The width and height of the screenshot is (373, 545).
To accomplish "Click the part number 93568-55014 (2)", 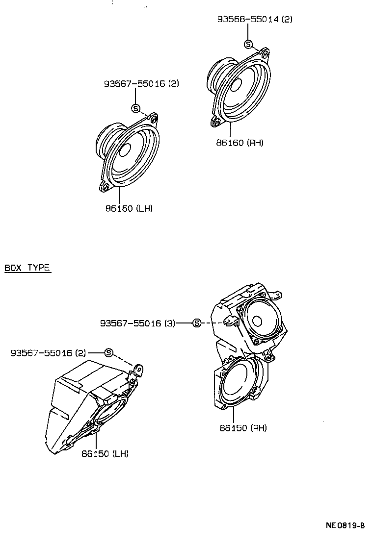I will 255,20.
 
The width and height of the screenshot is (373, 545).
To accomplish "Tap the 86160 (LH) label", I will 129,208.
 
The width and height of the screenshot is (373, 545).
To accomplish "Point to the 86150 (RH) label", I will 243,427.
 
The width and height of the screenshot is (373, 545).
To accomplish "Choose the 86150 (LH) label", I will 105,453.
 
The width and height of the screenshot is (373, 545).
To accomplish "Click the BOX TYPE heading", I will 27,268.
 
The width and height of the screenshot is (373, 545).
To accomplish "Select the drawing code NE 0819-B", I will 345,525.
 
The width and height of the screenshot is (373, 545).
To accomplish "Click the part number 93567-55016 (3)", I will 137,323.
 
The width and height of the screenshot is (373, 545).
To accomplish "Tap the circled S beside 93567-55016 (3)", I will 196,323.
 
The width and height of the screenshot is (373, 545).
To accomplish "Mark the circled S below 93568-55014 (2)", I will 248,45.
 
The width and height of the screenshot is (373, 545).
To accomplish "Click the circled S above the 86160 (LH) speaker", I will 136,108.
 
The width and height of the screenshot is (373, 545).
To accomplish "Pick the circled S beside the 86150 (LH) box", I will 109,353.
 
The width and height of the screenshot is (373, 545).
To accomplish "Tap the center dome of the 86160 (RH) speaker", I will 235,85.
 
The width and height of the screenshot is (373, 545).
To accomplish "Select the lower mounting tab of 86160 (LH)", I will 105,186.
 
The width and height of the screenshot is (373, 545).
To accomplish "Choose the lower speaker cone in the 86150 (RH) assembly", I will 238,379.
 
